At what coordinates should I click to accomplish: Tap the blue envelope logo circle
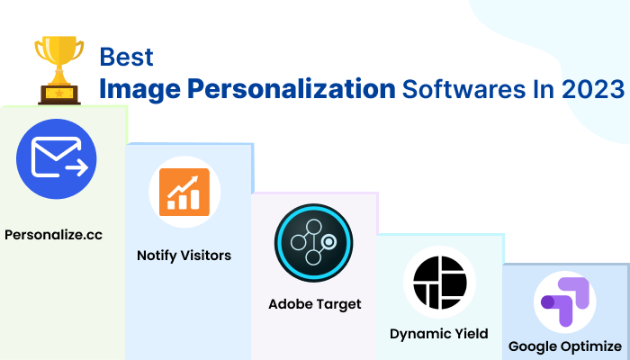click(57, 159)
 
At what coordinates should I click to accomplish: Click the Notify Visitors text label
click(184, 256)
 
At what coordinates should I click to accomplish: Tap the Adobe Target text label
click(315, 304)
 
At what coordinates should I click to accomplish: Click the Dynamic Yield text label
click(439, 334)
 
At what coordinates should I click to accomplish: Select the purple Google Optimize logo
click(565, 302)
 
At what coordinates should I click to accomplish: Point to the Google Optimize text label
click(565, 346)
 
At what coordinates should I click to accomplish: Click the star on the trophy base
click(60, 93)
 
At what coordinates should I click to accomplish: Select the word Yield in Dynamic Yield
click(471, 334)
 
